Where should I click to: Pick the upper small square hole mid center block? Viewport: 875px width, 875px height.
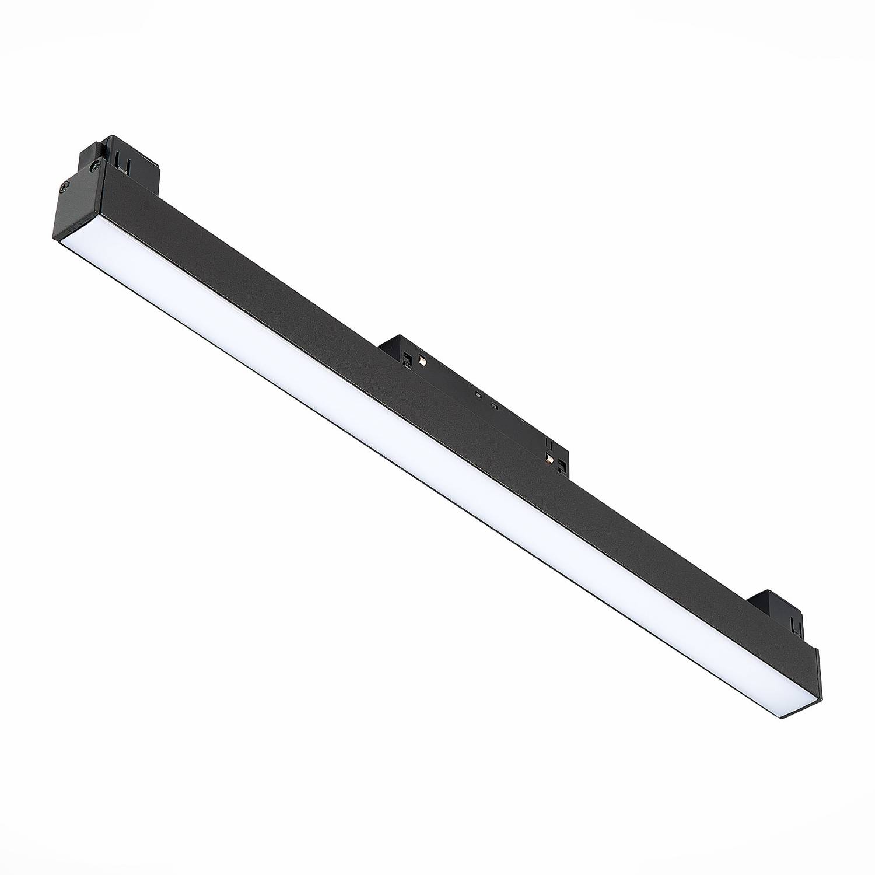tap(478, 395)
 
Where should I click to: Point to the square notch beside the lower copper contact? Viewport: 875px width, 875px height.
tap(561, 466)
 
